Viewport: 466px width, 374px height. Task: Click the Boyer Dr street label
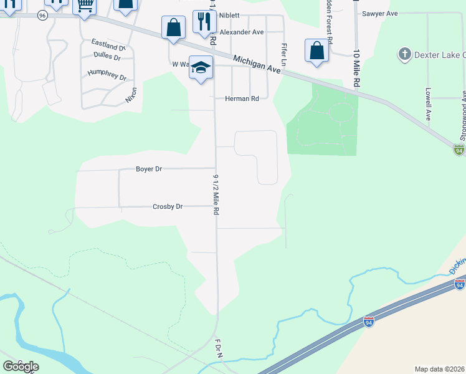pos(149,169)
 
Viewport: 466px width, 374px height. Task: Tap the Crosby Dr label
pos(168,207)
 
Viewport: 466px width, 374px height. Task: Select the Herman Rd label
pos(242,98)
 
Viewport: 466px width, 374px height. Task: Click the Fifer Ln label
pos(284,54)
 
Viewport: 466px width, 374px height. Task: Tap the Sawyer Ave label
pos(379,13)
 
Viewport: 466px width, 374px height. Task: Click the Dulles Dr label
pos(107,55)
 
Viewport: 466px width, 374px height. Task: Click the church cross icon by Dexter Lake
pos(405,54)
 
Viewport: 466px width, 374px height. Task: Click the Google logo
pos(21,366)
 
